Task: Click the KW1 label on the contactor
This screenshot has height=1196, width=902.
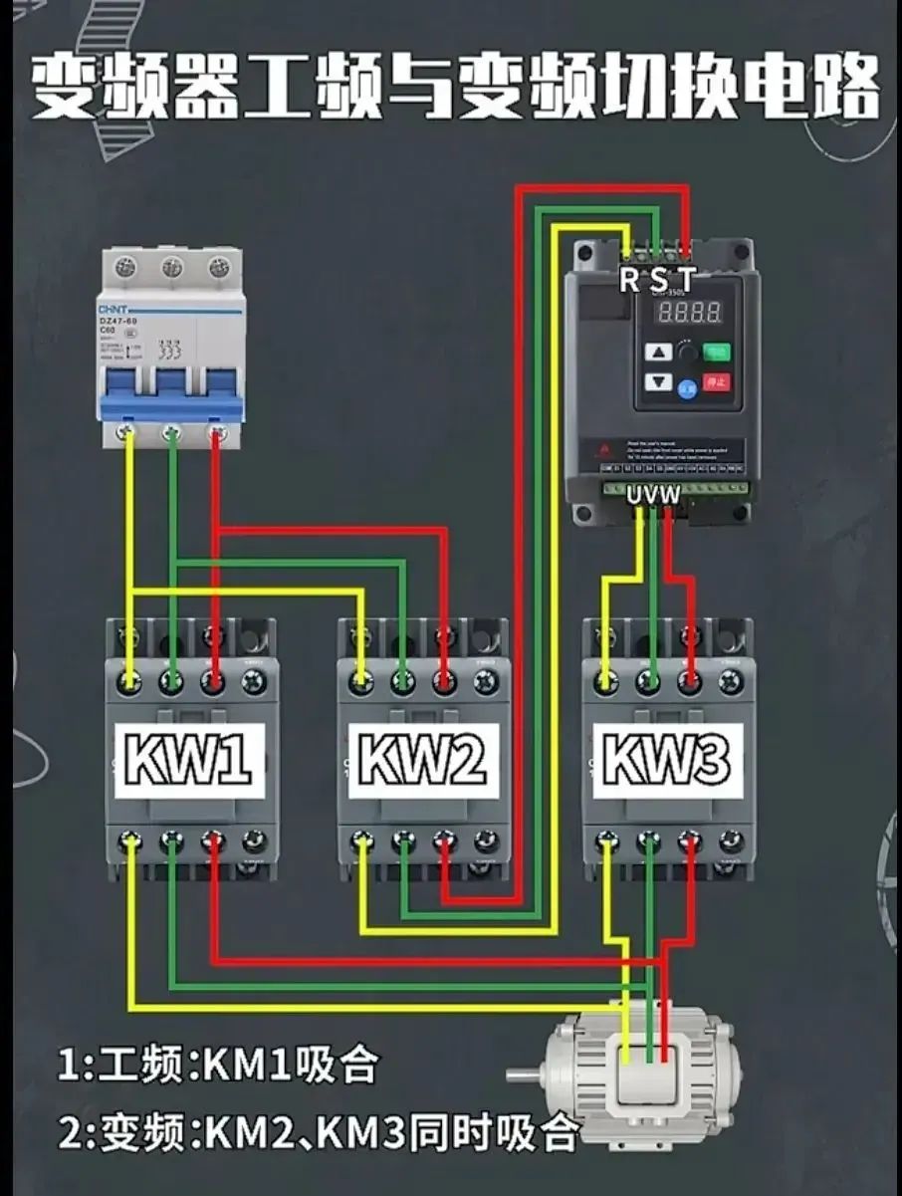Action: (x=189, y=760)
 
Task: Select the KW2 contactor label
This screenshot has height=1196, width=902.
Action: (x=422, y=760)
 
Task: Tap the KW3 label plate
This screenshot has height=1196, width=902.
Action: (x=668, y=760)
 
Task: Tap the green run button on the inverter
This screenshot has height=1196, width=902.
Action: (x=717, y=351)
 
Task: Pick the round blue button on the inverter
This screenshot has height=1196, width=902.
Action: (x=689, y=389)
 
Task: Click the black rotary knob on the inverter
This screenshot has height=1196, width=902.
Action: (x=687, y=352)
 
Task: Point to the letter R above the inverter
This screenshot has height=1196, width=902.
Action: (x=629, y=280)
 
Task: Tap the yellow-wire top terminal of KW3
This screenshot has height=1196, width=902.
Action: (x=605, y=680)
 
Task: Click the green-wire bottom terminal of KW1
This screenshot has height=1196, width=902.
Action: (x=172, y=843)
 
